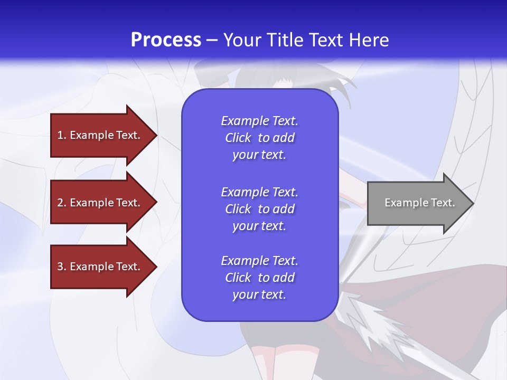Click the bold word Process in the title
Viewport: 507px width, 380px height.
coord(166,40)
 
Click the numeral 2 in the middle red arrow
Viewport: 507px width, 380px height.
coord(60,203)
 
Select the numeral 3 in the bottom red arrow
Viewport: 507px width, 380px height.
coord(60,267)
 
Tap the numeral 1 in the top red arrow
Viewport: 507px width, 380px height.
coord(60,135)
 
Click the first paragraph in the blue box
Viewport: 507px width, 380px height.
coord(259,138)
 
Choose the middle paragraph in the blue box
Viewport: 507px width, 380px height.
coord(259,209)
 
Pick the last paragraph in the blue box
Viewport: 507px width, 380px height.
coord(259,278)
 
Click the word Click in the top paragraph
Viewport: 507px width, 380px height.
coord(238,138)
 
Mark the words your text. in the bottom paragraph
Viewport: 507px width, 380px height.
coord(259,294)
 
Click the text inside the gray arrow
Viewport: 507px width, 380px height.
coord(419,203)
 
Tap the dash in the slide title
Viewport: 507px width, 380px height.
coord(212,41)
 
